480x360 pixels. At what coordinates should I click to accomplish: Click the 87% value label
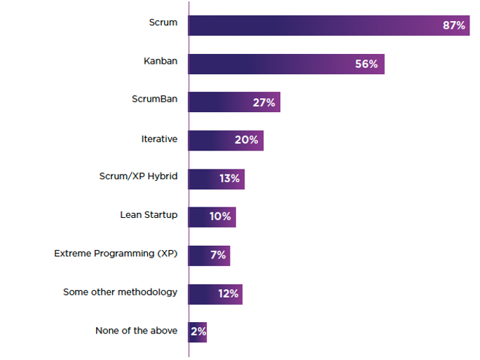coord(453,25)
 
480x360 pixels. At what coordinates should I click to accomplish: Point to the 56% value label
coord(366,64)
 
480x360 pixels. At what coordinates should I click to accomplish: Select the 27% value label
coord(264,102)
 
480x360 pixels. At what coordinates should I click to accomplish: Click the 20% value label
coord(247,140)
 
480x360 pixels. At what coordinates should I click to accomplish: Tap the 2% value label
coord(198,331)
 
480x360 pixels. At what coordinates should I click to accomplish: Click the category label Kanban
coord(160,61)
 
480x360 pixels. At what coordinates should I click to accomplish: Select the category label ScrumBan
coord(155,99)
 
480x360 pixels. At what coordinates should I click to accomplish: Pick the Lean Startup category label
coord(149,215)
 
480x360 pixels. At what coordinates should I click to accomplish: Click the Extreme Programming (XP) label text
coord(116,254)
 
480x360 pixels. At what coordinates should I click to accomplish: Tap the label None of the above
coord(137,331)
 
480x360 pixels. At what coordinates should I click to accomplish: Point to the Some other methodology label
coord(121,291)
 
